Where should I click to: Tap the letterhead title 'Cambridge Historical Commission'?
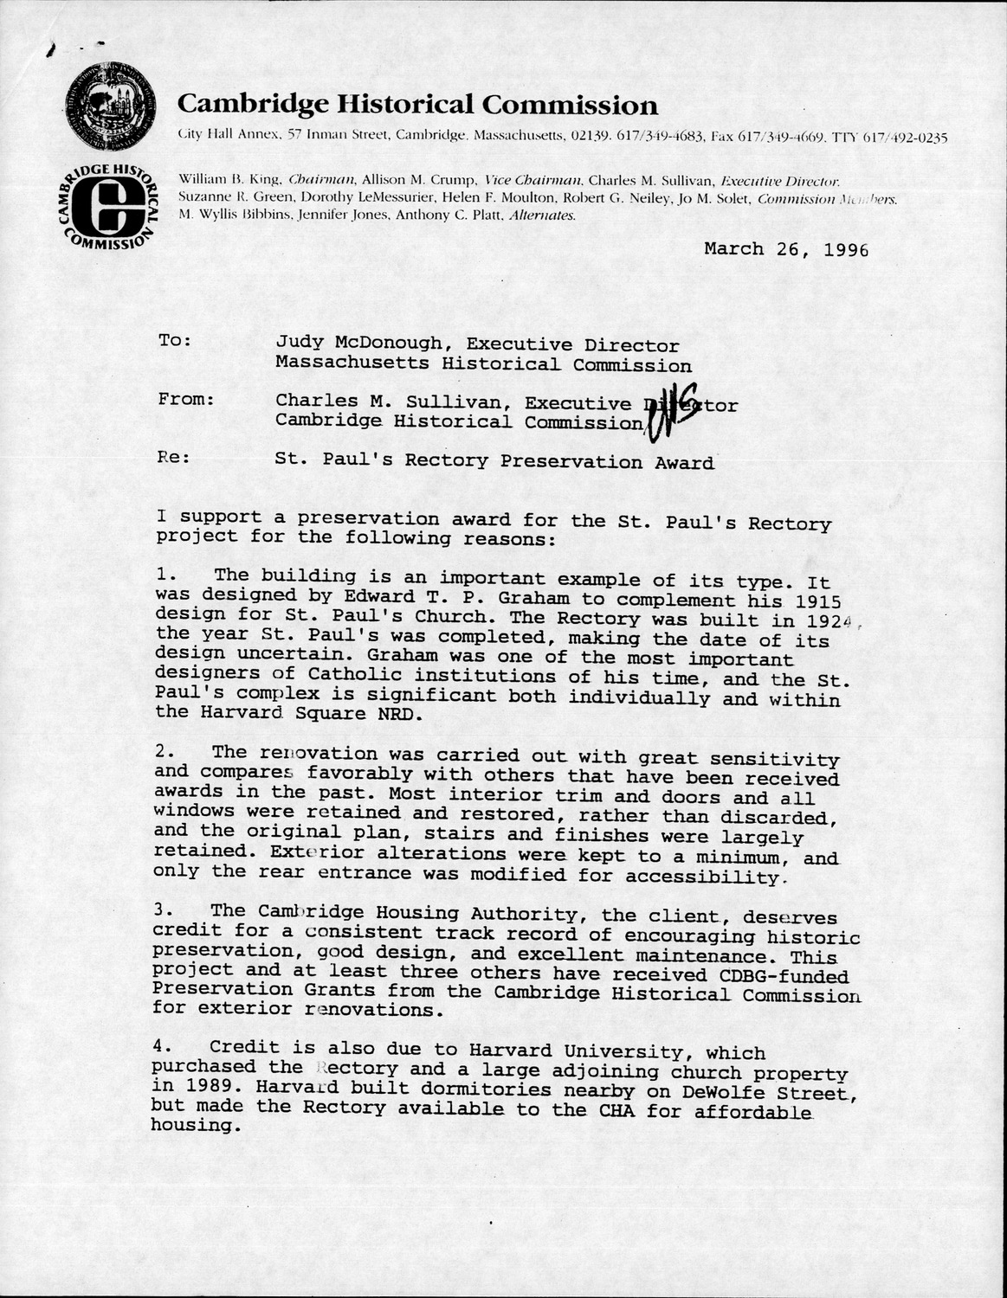[x=417, y=106]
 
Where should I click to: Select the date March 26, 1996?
[x=785, y=249]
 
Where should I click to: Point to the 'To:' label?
[x=175, y=340]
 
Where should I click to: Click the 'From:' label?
[x=186, y=399]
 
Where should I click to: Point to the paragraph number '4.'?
[x=168, y=1046]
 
